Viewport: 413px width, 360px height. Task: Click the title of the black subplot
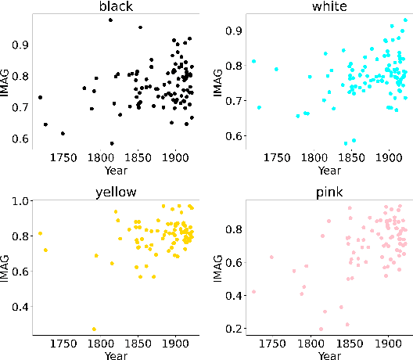point(115,7)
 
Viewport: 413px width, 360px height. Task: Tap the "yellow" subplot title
point(115,188)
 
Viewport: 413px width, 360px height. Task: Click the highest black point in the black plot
point(110,20)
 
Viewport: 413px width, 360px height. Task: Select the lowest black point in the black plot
point(112,143)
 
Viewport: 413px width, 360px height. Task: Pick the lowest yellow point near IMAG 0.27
point(95,329)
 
